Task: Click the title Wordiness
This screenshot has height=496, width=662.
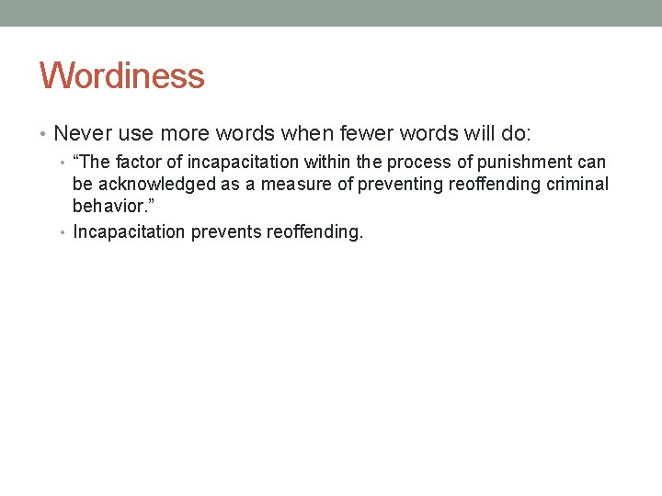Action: (x=121, y=75)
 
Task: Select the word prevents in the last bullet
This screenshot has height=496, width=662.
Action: (x=226, y=231)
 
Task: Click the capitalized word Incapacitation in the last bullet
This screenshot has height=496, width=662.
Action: (x=129, y=231)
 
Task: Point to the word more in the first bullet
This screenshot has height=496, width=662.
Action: (x=181, y=133)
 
